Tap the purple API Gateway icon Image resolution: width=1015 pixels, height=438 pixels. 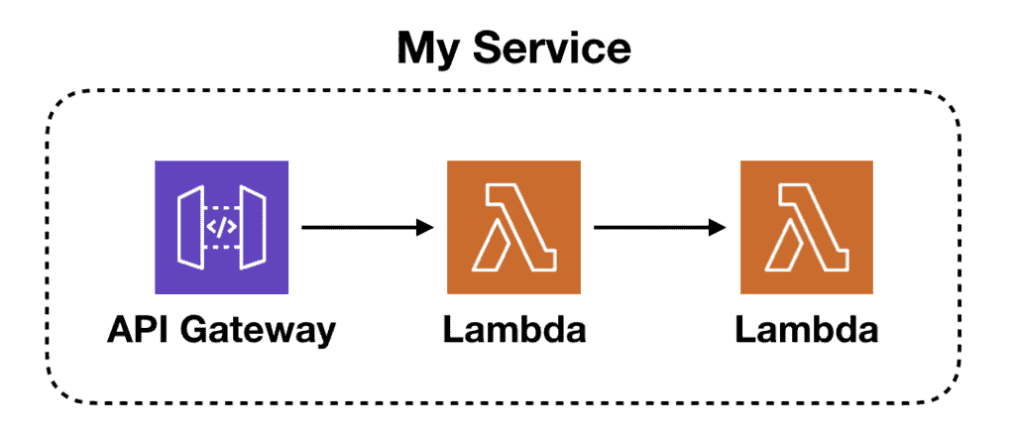[x=221, y=227]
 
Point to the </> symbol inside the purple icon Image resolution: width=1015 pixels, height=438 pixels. [x=221, y=227]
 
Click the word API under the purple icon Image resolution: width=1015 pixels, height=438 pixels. [x=138, y=330]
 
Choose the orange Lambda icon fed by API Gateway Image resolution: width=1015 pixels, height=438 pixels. [x=513, y=228]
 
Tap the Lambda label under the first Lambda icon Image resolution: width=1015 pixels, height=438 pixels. [x=513, y=330]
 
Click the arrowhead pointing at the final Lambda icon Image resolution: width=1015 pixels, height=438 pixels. [x=721, y=228]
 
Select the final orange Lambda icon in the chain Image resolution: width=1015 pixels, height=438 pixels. [x=806, y=228]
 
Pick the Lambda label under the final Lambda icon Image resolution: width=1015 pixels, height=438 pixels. [x=806, y=330]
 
